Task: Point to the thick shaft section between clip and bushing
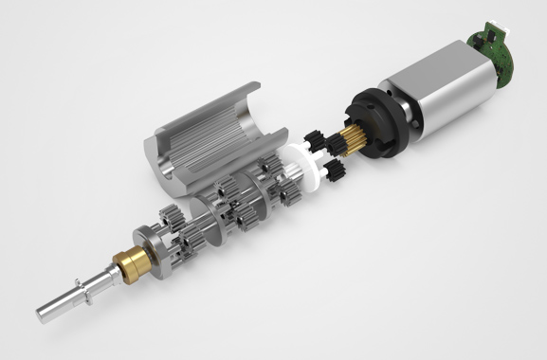tap(100, 279)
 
